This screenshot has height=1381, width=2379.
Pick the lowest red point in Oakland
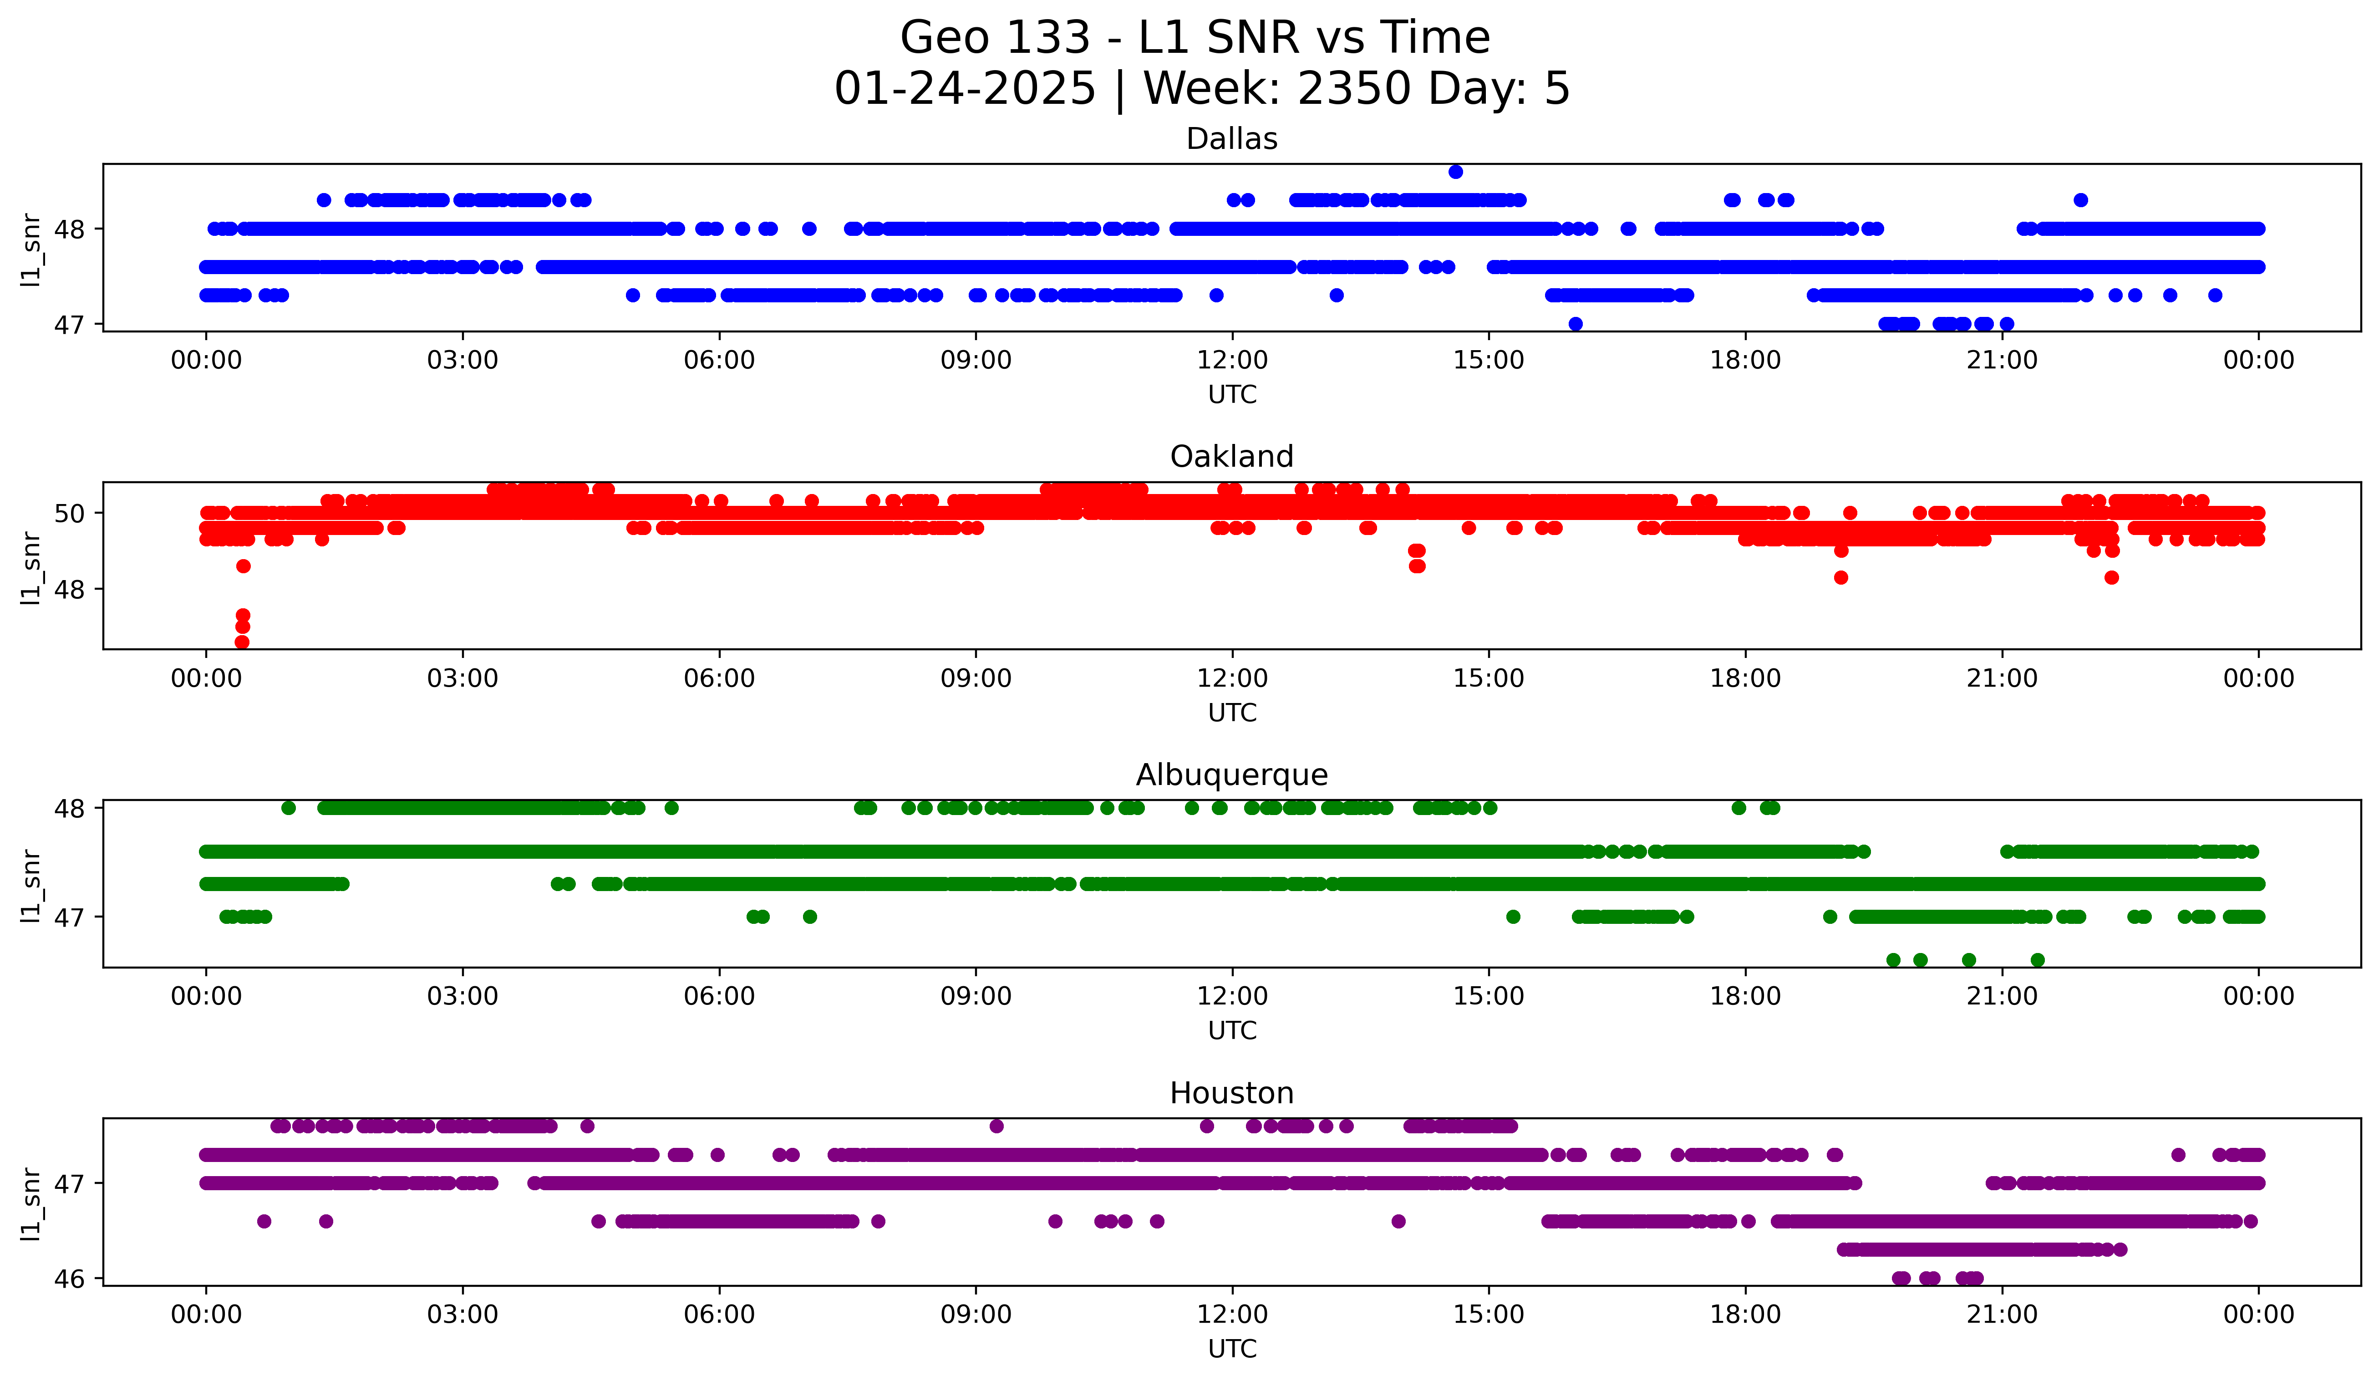tap(242, 642)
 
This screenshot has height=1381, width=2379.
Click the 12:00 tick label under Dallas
tap(1232, 360)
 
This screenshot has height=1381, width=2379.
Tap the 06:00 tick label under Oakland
tap(719, 678)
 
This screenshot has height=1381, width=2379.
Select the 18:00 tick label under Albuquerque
tap(1745, 996)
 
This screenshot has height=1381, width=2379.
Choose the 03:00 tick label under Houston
tap(463, 1314)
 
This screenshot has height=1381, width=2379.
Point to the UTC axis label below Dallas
tap(1232, 395)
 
